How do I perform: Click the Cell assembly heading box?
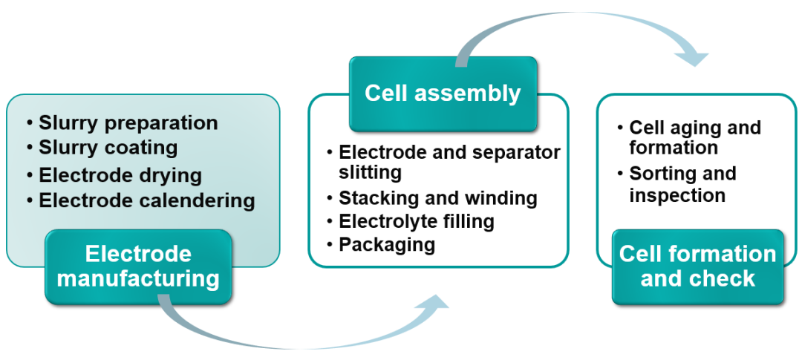coord(443,94)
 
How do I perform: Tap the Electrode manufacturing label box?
coord(138,266)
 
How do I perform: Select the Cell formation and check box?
coord(697,266)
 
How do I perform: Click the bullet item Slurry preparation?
coord(128,122)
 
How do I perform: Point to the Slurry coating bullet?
coord(108,148)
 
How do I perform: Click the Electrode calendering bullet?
coord(146,200)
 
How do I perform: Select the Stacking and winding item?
coord(437,198)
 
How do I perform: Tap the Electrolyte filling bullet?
coord(416,221)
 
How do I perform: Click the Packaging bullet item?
coord(386,244)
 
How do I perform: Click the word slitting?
coord(370,173)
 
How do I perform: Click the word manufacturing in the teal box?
coord(138,278)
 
